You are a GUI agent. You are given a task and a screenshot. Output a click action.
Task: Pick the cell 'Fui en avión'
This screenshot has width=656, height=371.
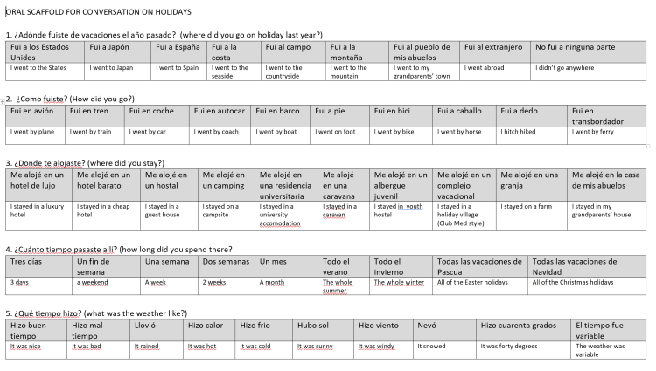(31, 112)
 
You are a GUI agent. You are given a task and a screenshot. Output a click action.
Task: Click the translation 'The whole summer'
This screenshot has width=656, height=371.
(338, 286)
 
